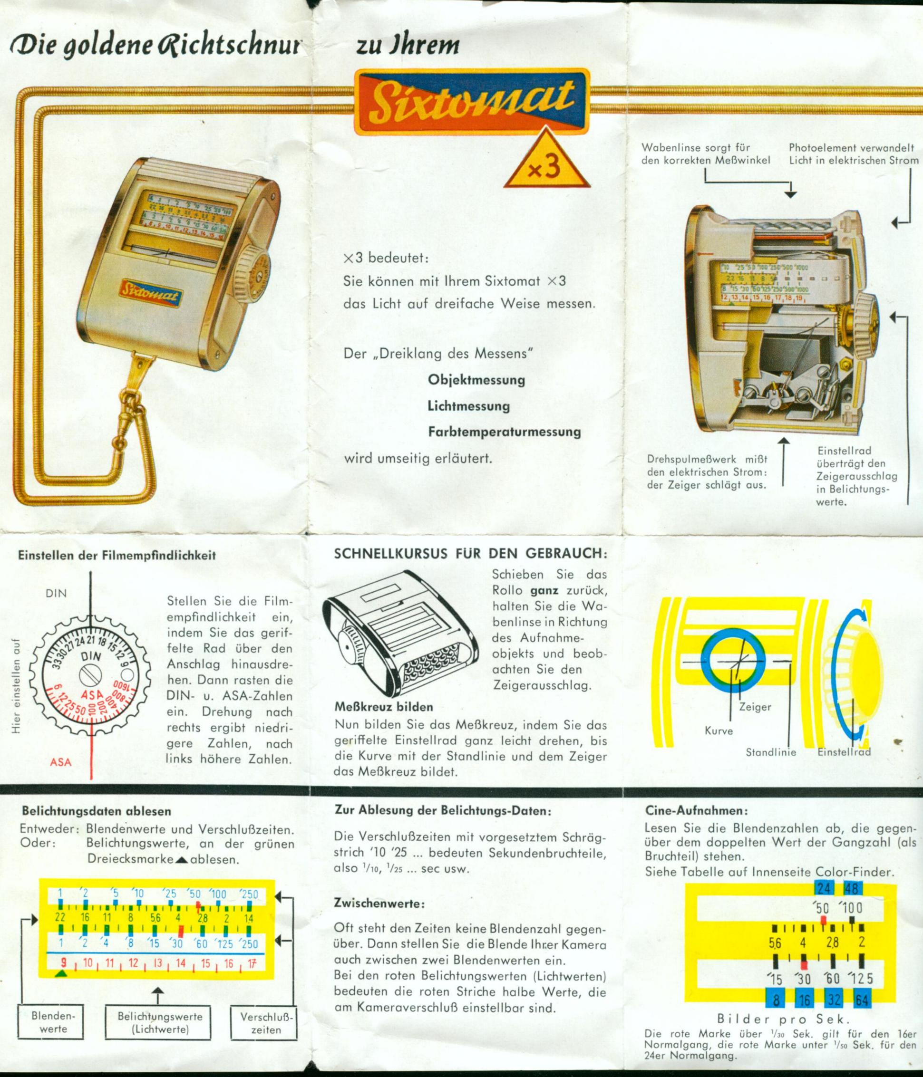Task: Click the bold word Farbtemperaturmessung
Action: point(504,432)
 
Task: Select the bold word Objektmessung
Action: point(476,379)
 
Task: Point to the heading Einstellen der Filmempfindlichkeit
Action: point(117,555)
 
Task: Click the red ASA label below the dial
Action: point(61,762)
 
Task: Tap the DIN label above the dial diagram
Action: point(56,593)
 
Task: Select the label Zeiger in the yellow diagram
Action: point(755,707)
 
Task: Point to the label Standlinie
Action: point(771,752)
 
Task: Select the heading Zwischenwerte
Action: point(379,904)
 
